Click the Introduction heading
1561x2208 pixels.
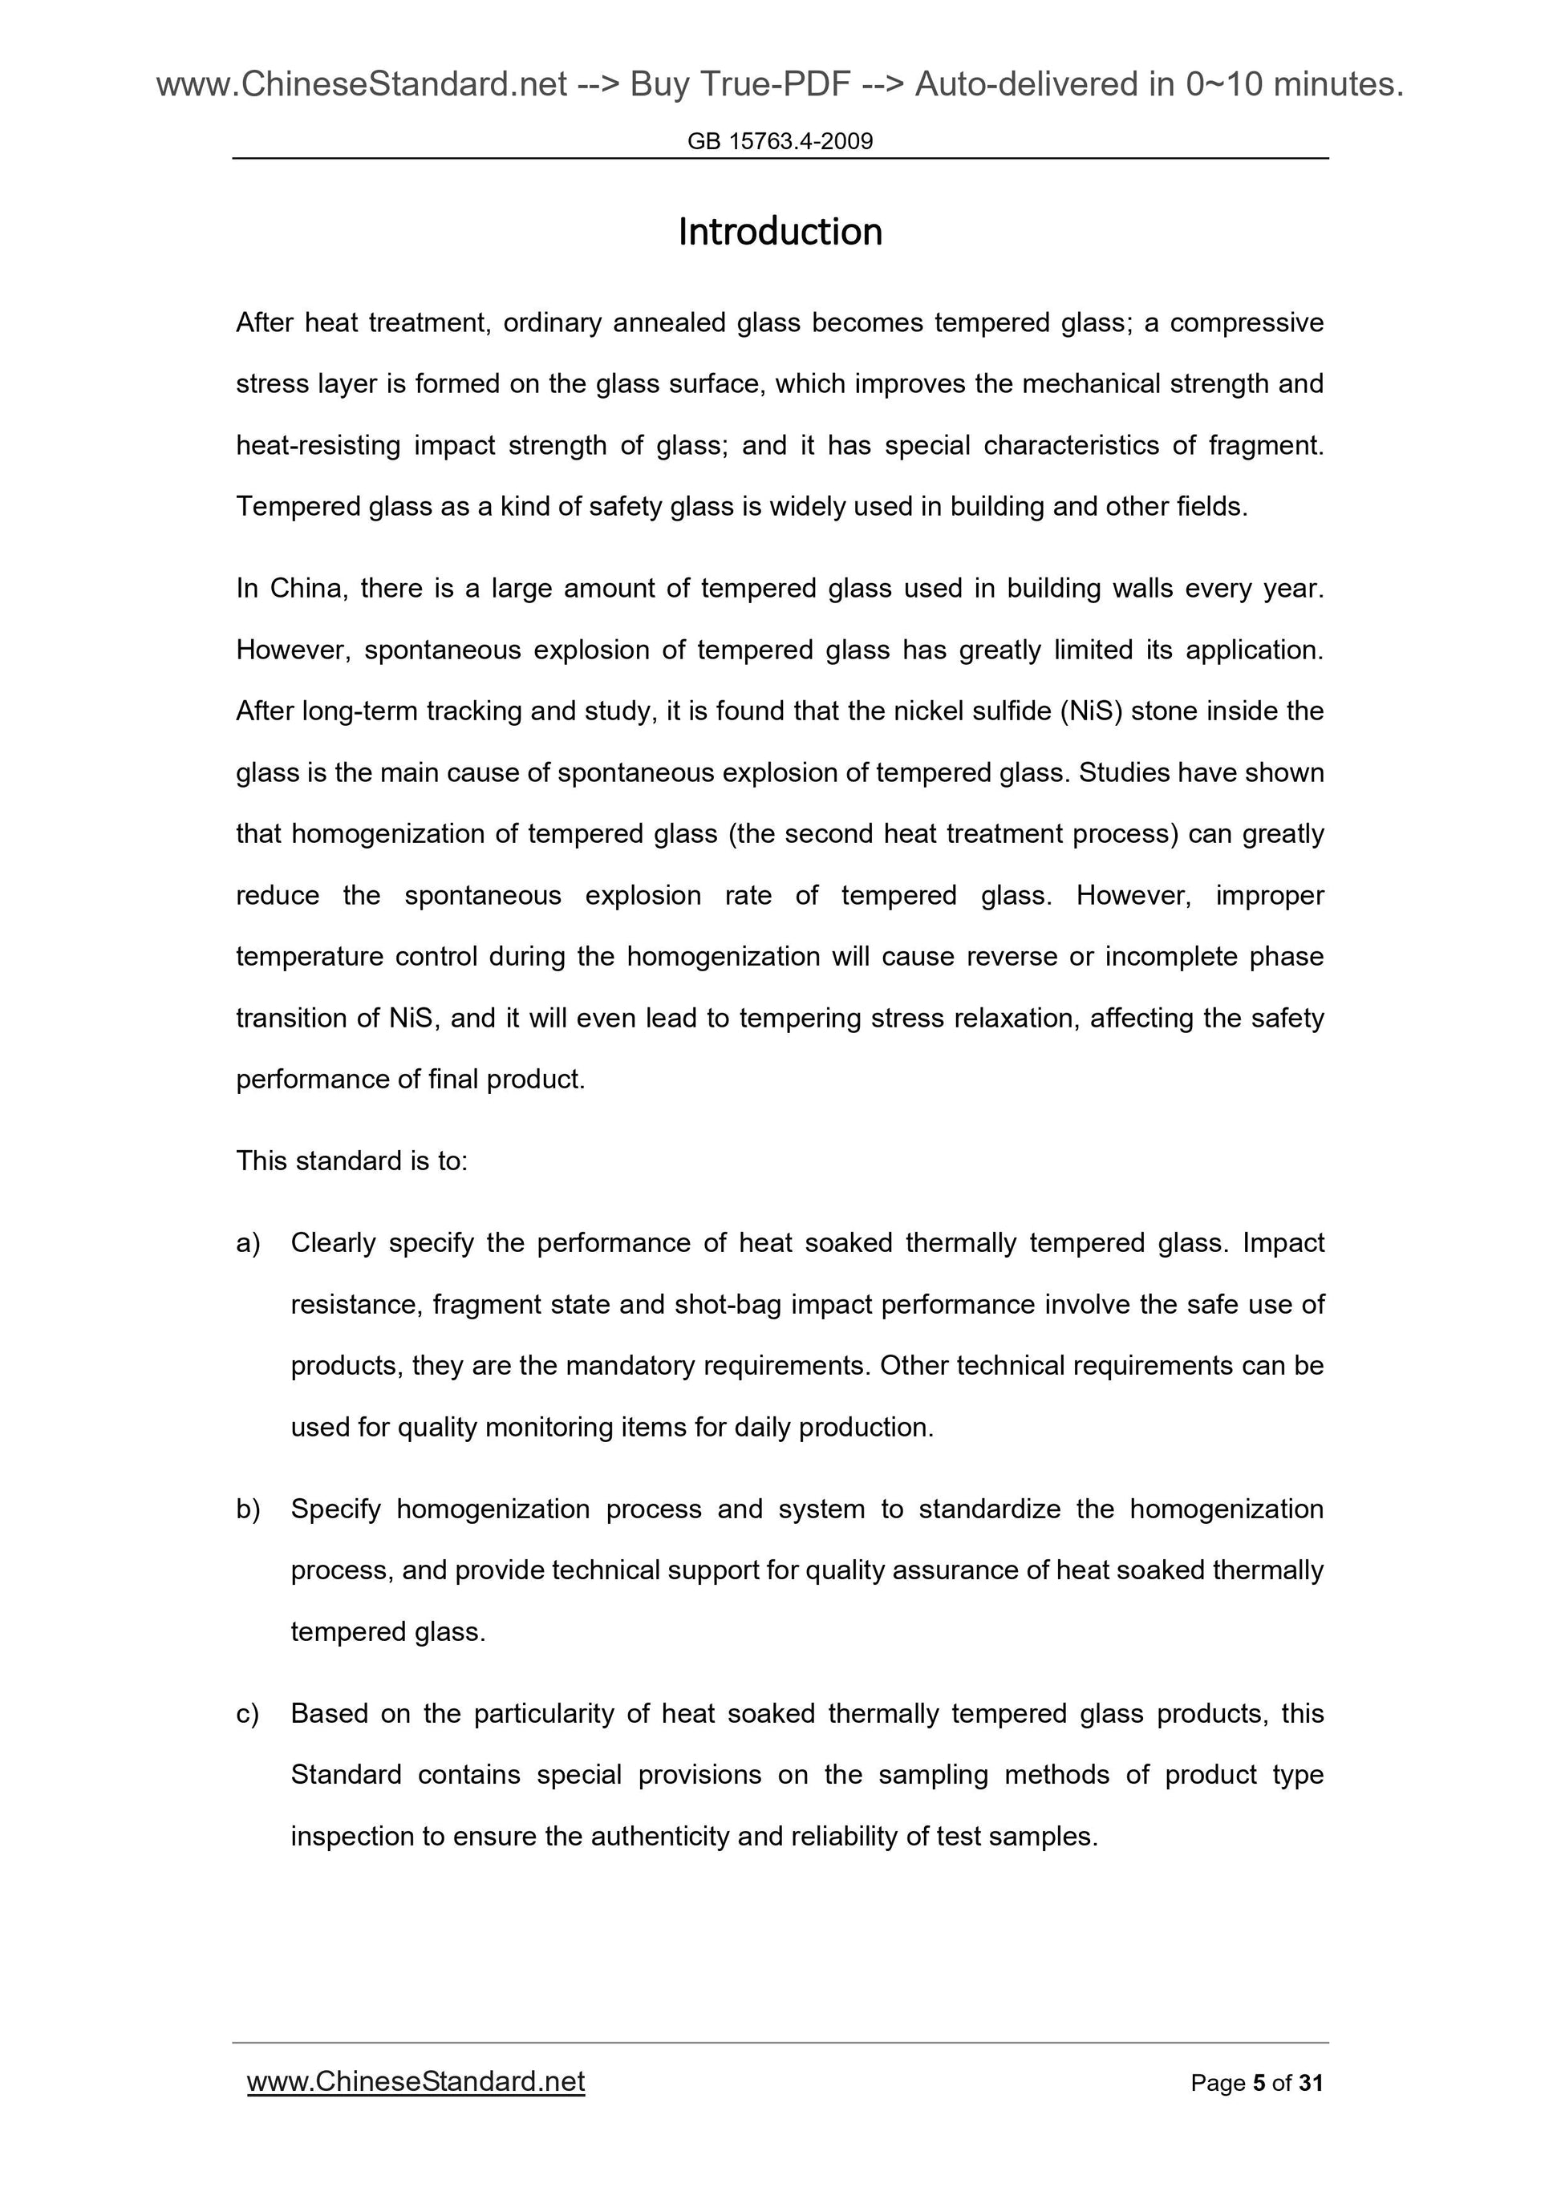point(779,232)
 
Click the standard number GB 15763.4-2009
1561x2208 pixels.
point(779,141)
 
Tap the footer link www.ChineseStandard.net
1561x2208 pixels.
point(416,2082)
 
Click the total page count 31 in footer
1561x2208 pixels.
point(1310,2084)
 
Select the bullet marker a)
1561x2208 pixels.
point(248,1243)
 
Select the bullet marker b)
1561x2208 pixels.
point(248,1509)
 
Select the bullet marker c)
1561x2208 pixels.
point(248,1714)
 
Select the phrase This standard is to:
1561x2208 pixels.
point(351,1161)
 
